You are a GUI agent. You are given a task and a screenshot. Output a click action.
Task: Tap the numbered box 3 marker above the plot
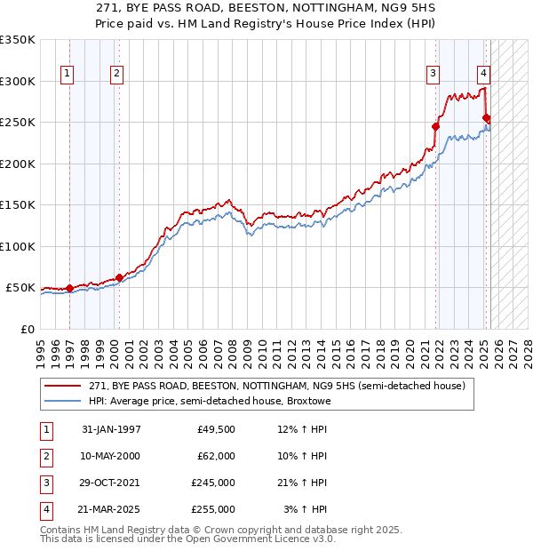433,75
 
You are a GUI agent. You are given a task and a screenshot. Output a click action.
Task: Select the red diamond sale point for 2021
436,126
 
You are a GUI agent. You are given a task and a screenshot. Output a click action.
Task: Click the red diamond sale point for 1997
69,288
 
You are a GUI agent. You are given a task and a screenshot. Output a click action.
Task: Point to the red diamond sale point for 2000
118,277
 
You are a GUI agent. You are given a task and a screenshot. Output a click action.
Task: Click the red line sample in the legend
63,387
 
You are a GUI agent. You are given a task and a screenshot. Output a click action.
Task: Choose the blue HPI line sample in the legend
63,401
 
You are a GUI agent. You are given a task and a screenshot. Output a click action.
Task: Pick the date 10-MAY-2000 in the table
111,456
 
